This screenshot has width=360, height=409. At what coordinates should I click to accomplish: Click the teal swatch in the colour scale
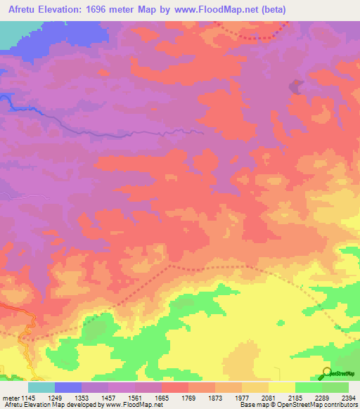[41, 387]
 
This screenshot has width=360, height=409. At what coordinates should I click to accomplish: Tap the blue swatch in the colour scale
[68, 387]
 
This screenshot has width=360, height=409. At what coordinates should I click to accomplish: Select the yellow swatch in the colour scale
[282, 387]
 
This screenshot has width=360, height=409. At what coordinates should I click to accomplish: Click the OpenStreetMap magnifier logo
[328, 373]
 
